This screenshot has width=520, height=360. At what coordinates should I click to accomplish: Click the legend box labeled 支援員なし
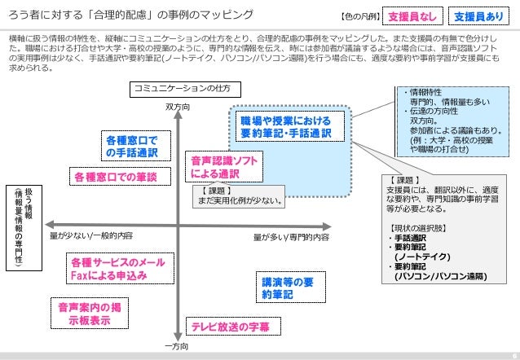pyautogui.click(x=414, y=15)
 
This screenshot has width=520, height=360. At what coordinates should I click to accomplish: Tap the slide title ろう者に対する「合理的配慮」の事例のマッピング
pyautogui.click(x=130, y=15)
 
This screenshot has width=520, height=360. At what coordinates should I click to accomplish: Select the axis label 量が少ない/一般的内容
pyautogui.click(x=91, y=236)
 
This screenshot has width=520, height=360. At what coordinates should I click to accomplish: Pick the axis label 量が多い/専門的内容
pyautogui.click(x=291, y=237)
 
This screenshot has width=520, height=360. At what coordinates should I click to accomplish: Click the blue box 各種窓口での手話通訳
pyautogui.click(x=131, y=146)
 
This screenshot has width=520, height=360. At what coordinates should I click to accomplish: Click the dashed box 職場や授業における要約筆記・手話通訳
pyautogui.click(x=290, y=127)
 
